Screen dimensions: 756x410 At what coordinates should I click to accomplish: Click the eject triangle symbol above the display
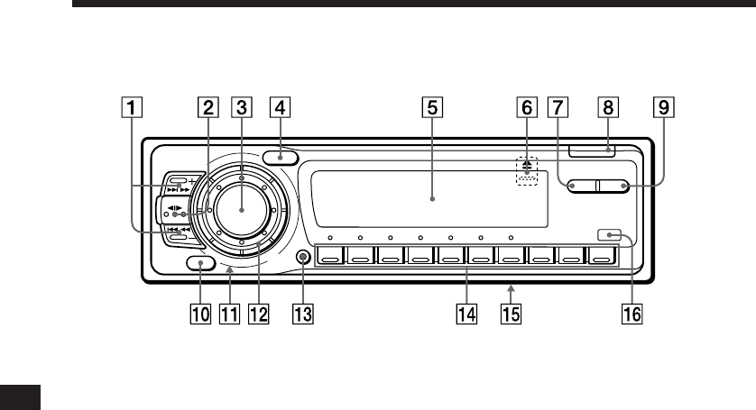(x=525, y=165)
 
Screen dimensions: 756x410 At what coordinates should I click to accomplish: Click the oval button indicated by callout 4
(x=281, y=159)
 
